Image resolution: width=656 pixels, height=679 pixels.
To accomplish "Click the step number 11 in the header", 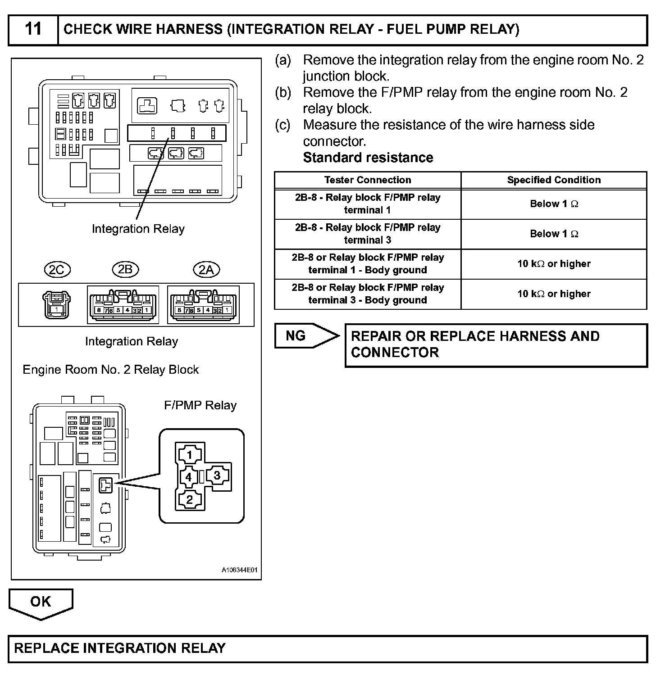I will [33, 29].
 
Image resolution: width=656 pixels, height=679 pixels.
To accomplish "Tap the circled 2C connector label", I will [57, 270].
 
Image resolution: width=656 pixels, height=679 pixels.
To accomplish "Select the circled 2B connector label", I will [125, 269].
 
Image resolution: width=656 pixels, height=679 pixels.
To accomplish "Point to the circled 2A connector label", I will [206, 270].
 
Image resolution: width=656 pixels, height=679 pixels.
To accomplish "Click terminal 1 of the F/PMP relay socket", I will [190, 455].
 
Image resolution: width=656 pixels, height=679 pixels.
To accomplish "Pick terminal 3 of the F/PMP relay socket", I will [217, 475].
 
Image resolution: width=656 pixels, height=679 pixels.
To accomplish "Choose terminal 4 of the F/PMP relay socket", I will [189, 477].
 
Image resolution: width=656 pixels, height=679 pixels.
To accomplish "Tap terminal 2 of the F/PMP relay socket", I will [190, 499].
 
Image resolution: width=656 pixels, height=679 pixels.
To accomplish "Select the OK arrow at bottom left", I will [41, 602].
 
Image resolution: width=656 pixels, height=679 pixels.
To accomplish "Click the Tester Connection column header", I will [367, 180].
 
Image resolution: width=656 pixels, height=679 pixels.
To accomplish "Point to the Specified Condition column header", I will [554, 180].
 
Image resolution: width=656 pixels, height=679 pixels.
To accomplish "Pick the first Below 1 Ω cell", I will [554, 204].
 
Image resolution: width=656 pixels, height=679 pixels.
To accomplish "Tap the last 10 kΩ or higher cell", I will [554, 294].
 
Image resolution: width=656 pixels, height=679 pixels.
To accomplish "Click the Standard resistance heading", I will [368, 158].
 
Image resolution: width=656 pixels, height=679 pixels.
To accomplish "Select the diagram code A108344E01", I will [239, 570].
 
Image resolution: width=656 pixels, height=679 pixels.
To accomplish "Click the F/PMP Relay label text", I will [200, 405].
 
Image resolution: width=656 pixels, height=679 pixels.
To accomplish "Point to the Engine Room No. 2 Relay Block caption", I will [110, 370].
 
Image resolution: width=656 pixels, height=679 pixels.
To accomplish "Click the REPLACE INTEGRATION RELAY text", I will [120, 648].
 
